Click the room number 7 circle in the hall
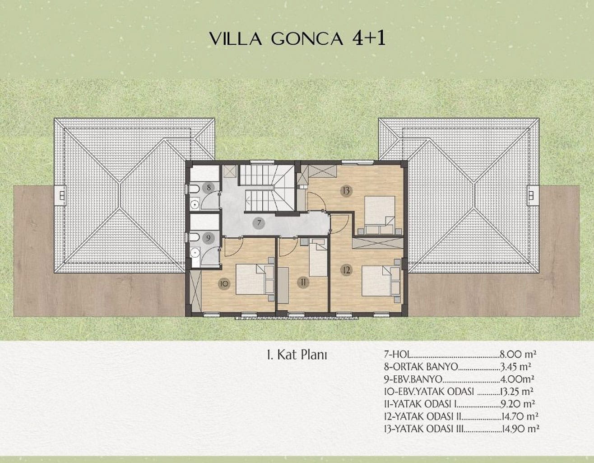[259, 223]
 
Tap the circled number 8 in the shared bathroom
[209, 188]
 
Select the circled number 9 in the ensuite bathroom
[208, 238]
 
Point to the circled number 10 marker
[224, 283]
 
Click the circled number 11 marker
[303, 282]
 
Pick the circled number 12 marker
[346, 270]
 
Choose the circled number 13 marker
[346, 190]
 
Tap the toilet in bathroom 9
[194, 237]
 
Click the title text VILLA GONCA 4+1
[297, 39]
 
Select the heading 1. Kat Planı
[297, 355]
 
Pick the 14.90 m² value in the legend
[520, 429]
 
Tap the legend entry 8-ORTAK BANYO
[421, 367]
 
